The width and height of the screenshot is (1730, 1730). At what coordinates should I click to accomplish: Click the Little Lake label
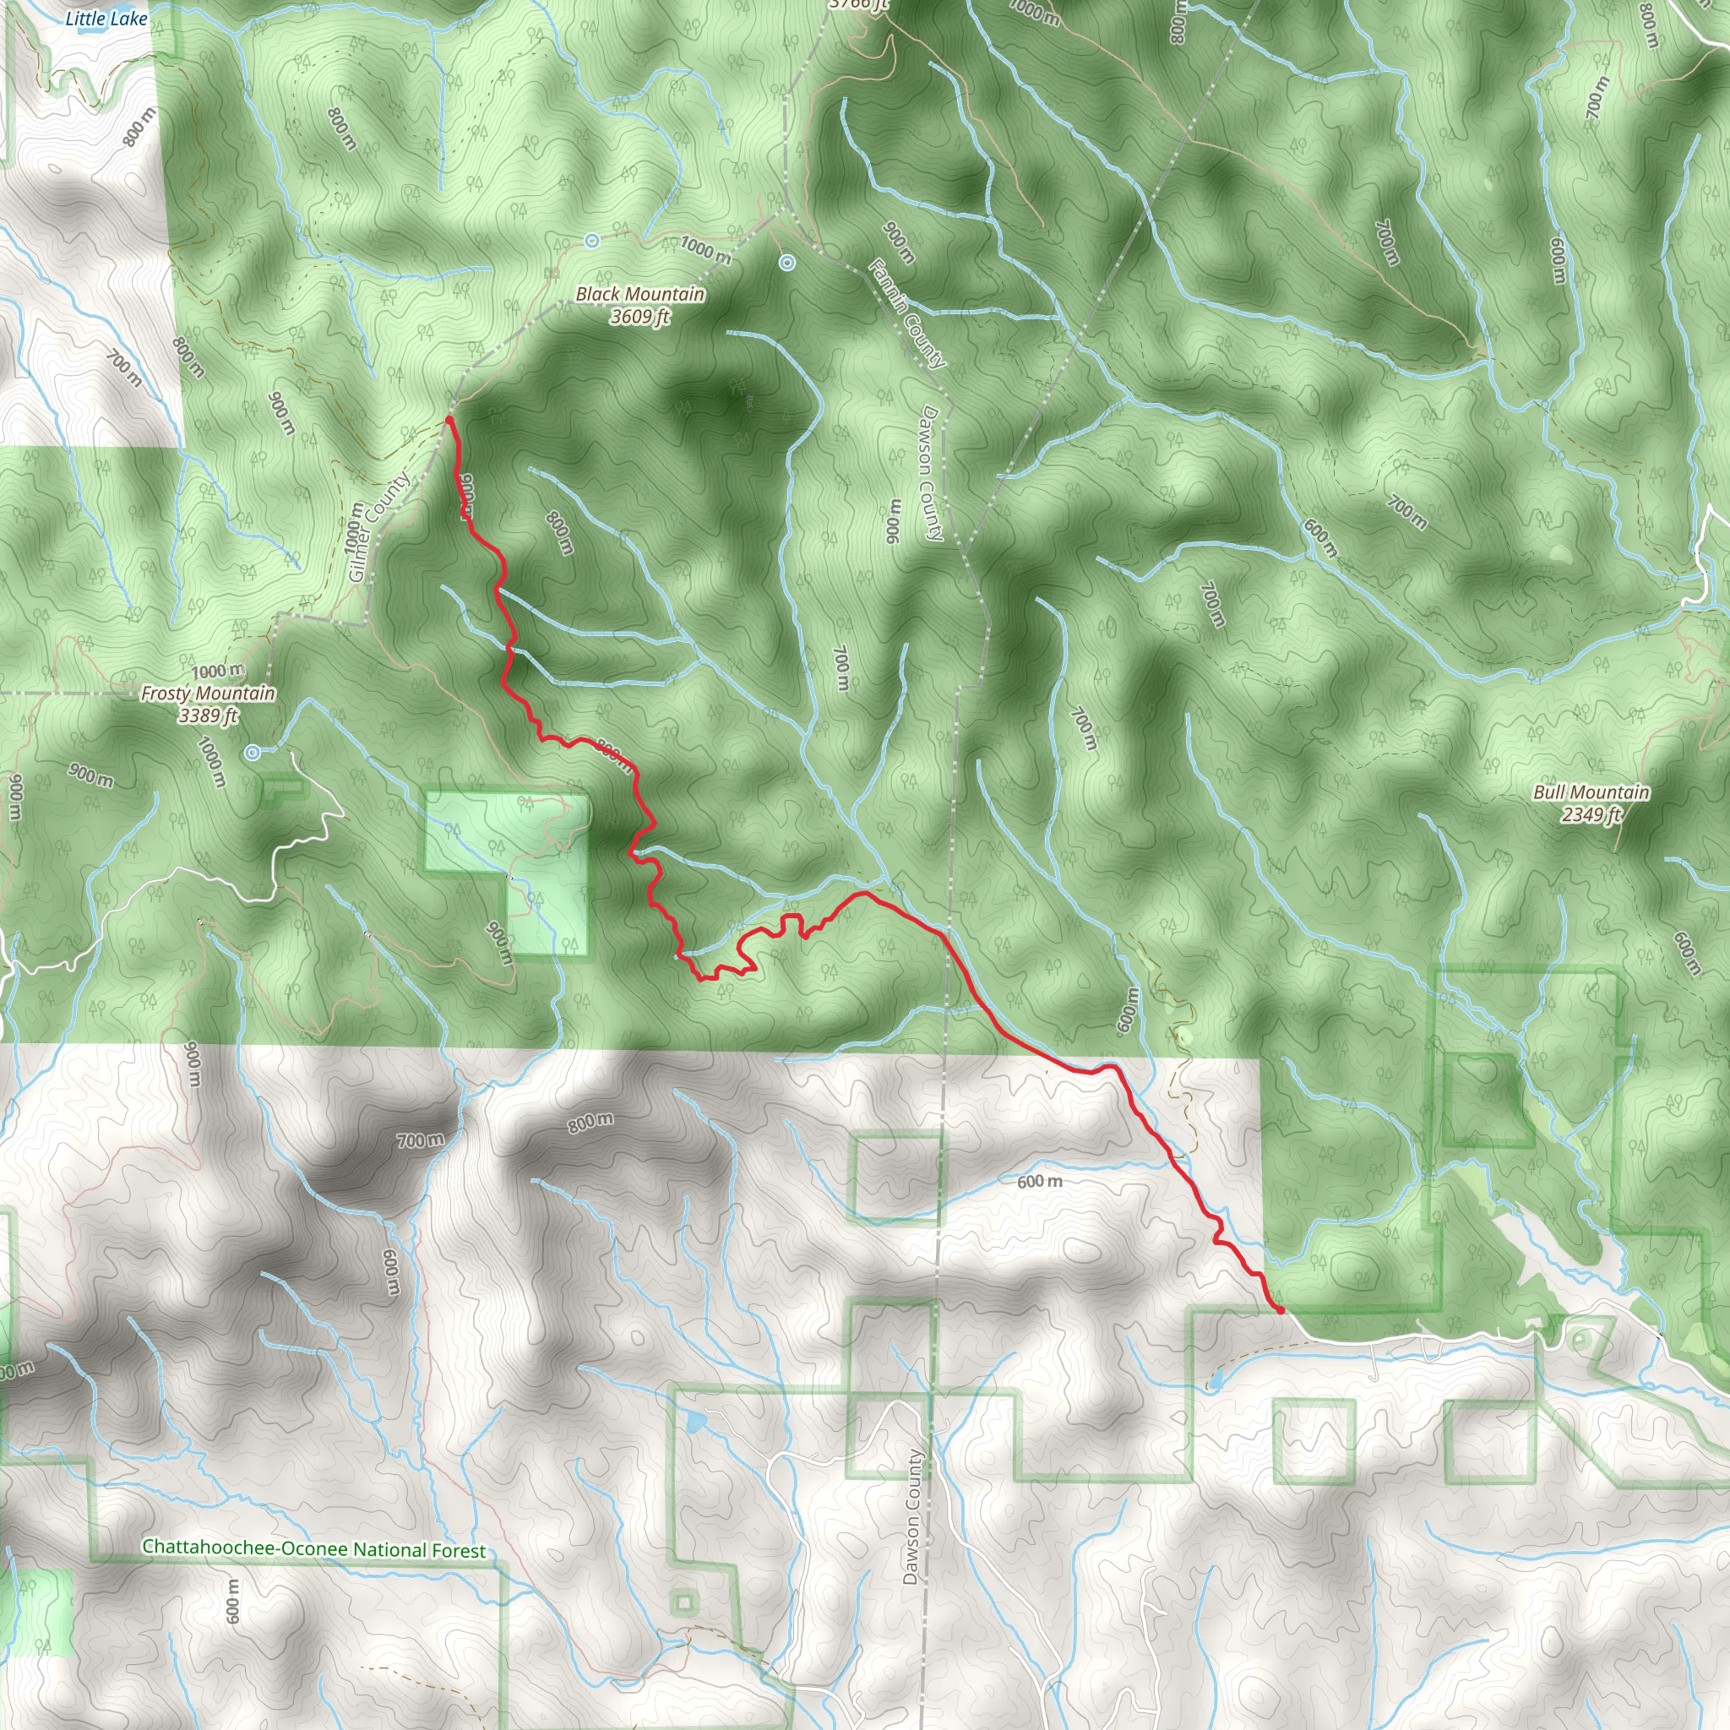[x=106, y=18]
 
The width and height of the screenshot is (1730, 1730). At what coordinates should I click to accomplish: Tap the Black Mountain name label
[x=639, y=295]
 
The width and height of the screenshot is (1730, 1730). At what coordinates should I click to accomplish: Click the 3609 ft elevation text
[x=639, y=317]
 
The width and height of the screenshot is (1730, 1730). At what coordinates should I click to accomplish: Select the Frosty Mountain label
[x=208, y=693]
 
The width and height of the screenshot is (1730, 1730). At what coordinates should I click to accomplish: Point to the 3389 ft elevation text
[x=208, y=715]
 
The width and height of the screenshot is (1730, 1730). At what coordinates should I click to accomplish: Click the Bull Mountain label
[x=1591, y=792]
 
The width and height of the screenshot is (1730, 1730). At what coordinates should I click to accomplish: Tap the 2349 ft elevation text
[x=1591, y=814]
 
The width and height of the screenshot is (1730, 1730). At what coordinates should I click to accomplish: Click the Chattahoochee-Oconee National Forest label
[x=313, y=922]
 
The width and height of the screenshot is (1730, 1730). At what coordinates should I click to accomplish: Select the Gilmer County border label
[x=378, y=527]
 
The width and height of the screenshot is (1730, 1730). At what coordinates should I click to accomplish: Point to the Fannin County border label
[x=906, y=313]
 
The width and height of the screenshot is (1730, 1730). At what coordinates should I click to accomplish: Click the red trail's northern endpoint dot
[x=449, y=419]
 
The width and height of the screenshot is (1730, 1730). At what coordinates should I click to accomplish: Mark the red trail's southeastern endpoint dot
[x=1281, y=1310]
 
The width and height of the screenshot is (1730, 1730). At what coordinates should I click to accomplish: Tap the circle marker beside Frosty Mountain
[x=253, y=753]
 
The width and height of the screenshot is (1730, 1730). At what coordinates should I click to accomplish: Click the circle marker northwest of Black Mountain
[x=592, y=241]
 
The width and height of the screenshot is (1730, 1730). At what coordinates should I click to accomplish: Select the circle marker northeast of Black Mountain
[x=787, y=263]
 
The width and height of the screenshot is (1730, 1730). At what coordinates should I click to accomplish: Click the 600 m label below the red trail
[x=1040, y=1182]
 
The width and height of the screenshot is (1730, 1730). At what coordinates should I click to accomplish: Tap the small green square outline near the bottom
[x=685, y=1601]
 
